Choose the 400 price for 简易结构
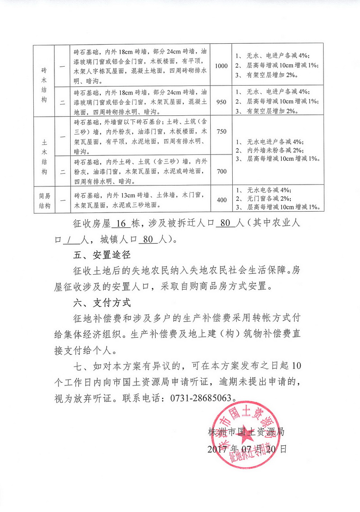[x=221, y=200]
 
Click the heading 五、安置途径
[x=102, y=255]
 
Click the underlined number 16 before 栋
[x=119, y=224]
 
